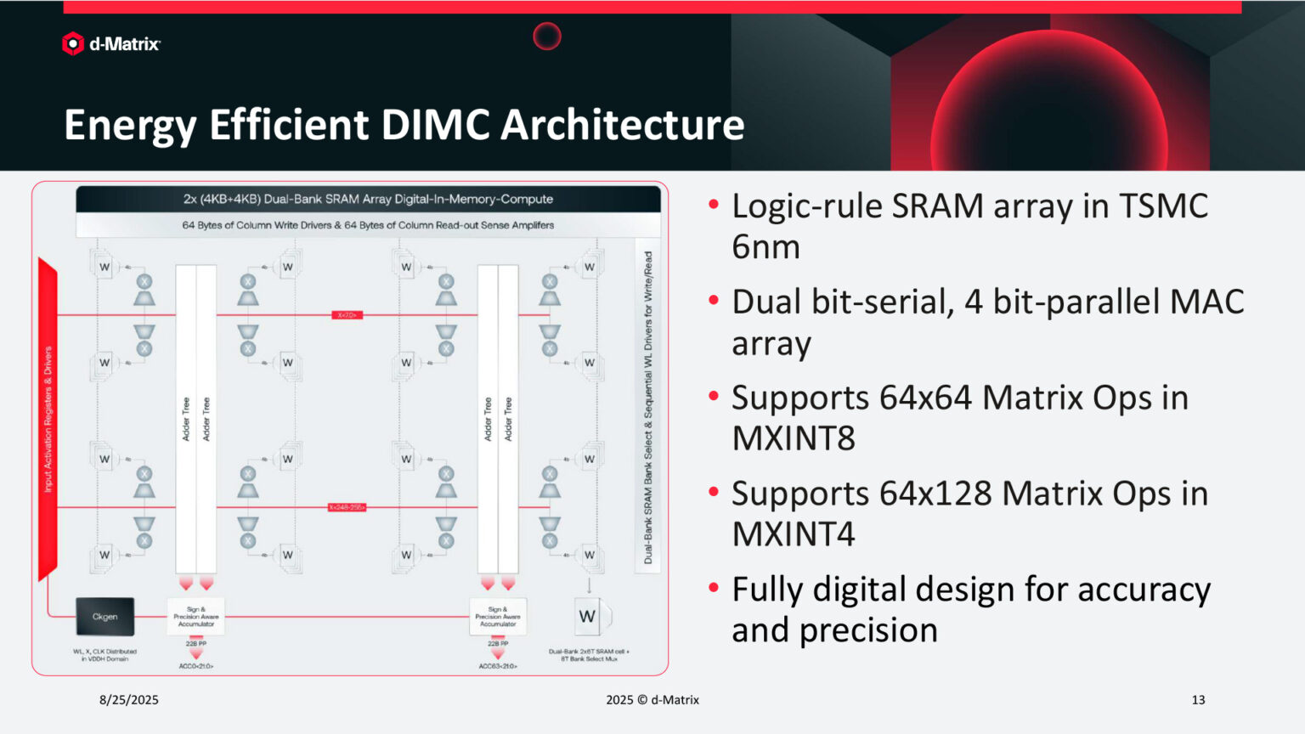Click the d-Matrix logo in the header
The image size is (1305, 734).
pos(110,43)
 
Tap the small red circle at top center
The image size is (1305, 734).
pos(547,36)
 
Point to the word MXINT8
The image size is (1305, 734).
pos(794,438)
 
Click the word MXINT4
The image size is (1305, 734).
pos(794,534)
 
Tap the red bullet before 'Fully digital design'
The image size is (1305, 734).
pos(714,587)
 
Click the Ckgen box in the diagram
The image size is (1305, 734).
pos(105,617)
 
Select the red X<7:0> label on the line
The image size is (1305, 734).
pos(347,315)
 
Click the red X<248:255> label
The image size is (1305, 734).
pos(347,507)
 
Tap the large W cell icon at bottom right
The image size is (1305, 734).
pos(587,617)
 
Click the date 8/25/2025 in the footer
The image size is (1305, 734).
pos(129,700)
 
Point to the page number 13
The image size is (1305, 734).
pos(1198,700)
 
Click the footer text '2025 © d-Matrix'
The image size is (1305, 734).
pos(652,700)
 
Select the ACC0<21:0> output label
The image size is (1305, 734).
pos(196,666)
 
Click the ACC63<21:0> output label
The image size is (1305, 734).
pos(498,666)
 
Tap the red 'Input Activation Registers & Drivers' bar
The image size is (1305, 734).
pos(48,419)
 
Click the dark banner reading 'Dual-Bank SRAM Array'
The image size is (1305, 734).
pos(368,199)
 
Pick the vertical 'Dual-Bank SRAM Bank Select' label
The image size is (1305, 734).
pos(647,407)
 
